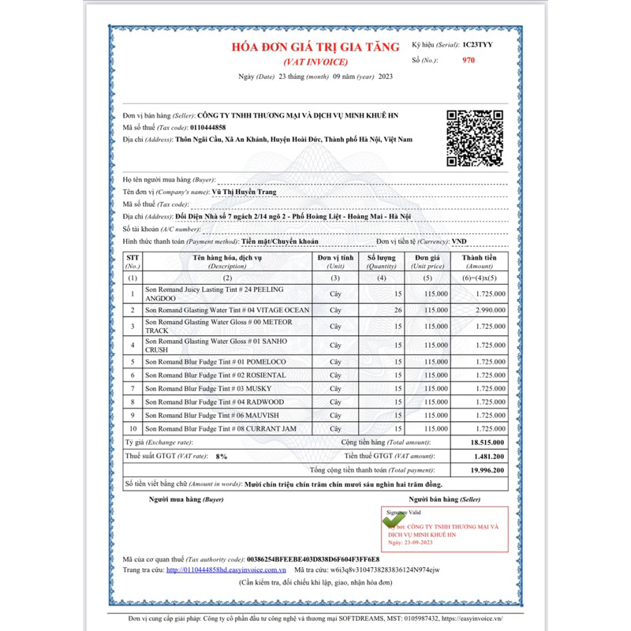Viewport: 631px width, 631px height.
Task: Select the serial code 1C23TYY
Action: (479, 46)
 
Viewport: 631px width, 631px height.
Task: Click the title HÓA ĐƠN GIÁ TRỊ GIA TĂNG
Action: (315, 47)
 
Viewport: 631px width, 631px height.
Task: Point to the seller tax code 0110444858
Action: (207, 127)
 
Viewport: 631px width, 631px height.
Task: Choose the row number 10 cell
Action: (133, 428)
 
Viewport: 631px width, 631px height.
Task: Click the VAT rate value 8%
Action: (221, 456)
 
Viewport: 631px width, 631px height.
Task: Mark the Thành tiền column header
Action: (480, 261)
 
